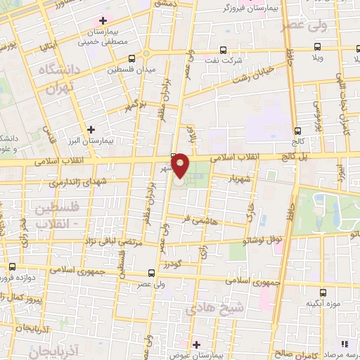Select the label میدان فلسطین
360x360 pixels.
tap(130, 70)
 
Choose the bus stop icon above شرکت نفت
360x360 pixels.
tap(223, 50)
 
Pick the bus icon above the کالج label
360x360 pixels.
tap(298, 131)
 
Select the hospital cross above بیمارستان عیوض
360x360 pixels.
tap(196, 345)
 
